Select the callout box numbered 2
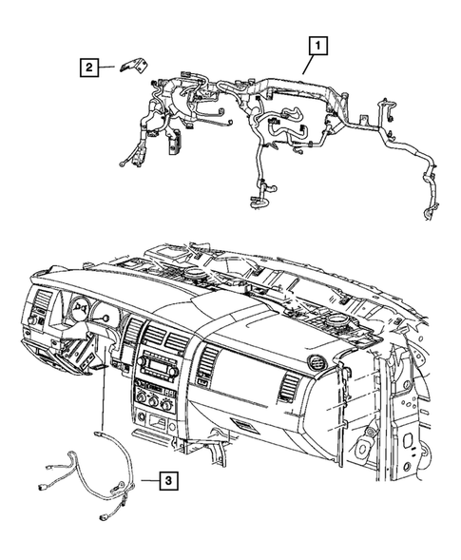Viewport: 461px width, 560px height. point(87,66)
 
